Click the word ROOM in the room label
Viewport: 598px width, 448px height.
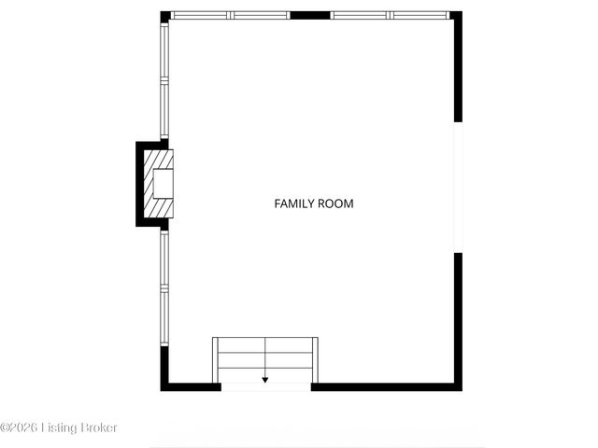pyautogui.click(x=336, y=203)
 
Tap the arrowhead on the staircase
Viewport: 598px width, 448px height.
pyautogui.click(x=265, y=380)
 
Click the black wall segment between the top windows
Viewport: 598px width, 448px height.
pyautogui.click(x=310, y=16)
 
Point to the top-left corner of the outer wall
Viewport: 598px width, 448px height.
pyautogui.click(x=164, y=16)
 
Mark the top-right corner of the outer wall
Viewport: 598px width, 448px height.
pyautogui.click(x=457, y=16)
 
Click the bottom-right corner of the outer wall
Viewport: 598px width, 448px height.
pyautogui.click(x=457, y=385)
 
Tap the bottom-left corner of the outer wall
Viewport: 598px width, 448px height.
pyautogui.click(x=164, y=385)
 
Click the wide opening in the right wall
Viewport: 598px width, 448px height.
pyautogui.click(x=458, y=187)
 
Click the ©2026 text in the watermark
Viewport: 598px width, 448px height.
pyautogui.click(x=21, y=427)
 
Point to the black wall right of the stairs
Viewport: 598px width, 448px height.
pyautogui.click(x=383, y=385)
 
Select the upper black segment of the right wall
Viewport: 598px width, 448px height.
pyautogui.click(x=458, y=70)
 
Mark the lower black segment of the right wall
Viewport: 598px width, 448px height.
pyautogui.click(x=458, y=317)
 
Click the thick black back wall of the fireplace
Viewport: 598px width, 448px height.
pyautogui.click(x=140, y=184)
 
